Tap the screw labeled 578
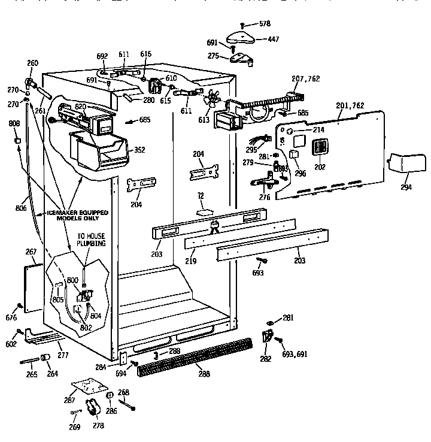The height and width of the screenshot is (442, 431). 241,24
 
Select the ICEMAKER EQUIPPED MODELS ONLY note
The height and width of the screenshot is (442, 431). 71,216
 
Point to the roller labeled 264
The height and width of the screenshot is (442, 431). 44,358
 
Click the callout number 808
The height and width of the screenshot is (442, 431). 14,124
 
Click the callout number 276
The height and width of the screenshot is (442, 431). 263,196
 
